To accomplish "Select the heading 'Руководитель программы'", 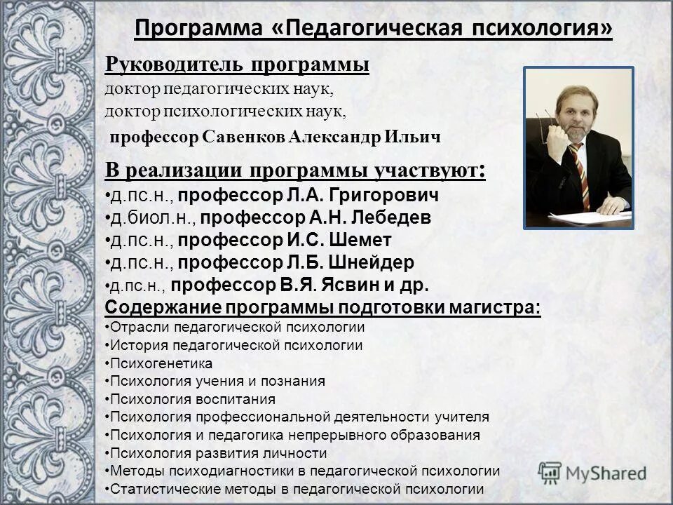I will (x=238, y=65).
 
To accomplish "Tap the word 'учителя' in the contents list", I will (x=465, y=417).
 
